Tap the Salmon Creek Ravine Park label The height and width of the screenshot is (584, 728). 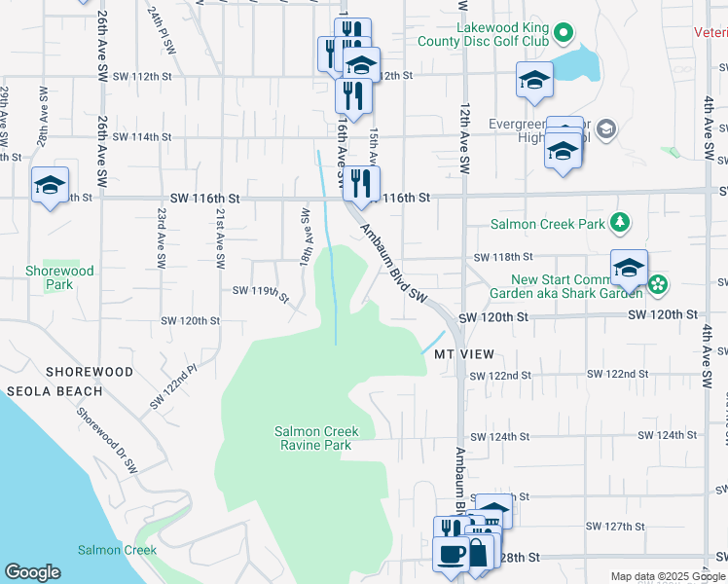[316, 438]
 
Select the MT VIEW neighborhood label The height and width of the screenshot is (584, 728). [464, 354]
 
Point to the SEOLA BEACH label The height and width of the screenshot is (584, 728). [55, 391]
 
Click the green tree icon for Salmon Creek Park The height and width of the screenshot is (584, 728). [619, 224]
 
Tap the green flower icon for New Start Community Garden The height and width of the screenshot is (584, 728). [659, 284]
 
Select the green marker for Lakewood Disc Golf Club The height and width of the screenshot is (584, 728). [564, 35]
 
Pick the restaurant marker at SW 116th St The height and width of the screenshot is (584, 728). [361, 183]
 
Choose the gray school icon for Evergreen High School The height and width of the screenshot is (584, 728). [606, 129]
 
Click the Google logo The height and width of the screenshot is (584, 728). [32, 572]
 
